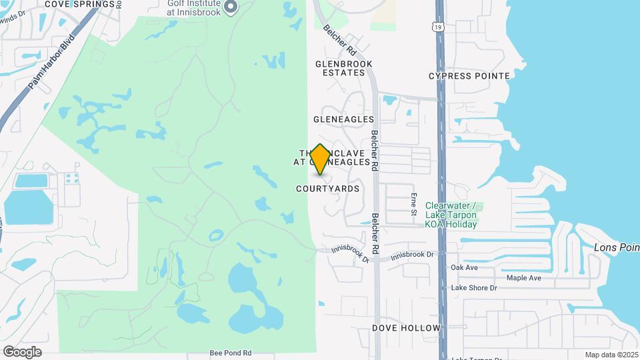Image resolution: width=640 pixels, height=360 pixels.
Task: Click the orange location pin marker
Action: point(320,159)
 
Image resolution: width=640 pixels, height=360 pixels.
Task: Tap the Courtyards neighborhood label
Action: point(327,189)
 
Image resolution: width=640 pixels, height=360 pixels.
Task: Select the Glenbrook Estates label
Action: point(343,68)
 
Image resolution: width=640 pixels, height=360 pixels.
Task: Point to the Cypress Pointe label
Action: point(469,76)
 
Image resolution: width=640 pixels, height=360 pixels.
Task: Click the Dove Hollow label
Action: point(407,328)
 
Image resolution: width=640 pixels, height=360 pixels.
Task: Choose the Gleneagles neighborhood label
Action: point(343,119)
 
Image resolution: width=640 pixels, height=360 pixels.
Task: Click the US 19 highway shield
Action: point(436,27)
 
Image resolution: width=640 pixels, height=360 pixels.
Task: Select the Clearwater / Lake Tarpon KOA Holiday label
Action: point(451,215)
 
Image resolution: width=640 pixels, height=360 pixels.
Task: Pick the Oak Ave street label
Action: point(465,267)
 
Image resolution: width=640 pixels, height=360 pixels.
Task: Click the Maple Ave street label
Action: point(524,278)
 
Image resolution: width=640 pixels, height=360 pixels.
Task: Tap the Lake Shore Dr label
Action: point(474,288)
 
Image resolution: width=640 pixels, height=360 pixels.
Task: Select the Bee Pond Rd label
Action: point(230,353)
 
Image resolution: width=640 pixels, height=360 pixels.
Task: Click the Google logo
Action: point(22,351)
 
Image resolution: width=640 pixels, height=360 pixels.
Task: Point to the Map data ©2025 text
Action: point(611,355)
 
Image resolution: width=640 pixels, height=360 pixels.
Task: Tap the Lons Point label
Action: point(617,248)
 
